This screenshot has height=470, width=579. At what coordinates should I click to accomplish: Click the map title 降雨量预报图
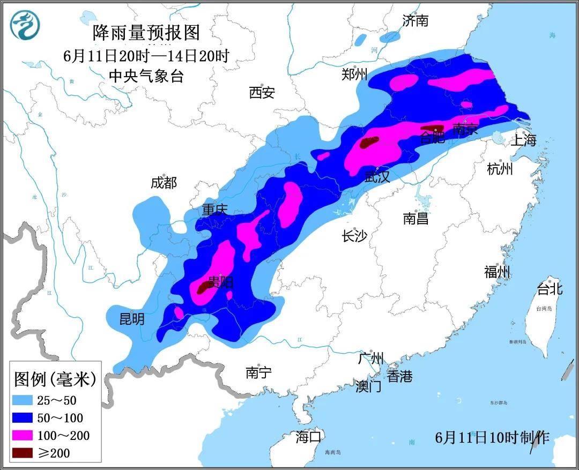tap(146, 33)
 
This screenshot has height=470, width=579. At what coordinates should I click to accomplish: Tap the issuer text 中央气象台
tap(146, 76)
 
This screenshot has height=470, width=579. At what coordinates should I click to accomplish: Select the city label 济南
tap(415, 21)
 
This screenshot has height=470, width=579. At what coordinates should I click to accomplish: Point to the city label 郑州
tap(354, 74)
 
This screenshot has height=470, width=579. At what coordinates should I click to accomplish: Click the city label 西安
tap(262, 93)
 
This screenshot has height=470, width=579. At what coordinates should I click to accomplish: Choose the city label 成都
tap(164, 183)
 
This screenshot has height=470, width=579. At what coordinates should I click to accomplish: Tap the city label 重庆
tap(215, 210)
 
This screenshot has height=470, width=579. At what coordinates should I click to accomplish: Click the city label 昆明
tap(131, 319)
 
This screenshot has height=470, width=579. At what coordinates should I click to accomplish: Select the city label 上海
tap(523, 140)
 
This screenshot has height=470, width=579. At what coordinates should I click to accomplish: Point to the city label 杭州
tap(500, 169)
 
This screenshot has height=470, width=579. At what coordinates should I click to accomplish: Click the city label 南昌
tap(415, 218)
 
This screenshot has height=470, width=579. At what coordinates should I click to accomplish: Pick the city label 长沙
tap(354, 236)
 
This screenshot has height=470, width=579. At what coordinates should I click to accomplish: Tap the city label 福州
tap(497, 272)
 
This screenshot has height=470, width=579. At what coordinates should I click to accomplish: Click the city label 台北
tap(550, 289)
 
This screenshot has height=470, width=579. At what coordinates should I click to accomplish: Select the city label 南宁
tap(259, 372)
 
